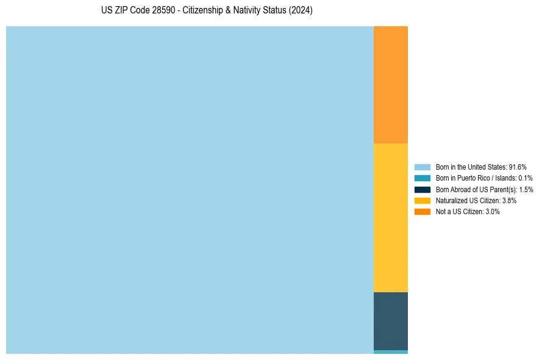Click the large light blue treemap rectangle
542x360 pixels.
pos(190,190)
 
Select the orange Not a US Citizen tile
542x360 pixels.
pos(390,84)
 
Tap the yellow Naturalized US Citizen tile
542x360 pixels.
pos(390,217)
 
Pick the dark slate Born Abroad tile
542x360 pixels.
pos(390,321)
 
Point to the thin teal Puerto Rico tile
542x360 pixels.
pos(390,352)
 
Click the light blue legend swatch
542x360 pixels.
pos(423,167)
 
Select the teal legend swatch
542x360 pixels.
pos(423,178)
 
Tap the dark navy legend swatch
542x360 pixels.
pos(423,189)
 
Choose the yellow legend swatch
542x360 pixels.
pos(423,200)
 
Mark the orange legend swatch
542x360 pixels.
pos(423,211)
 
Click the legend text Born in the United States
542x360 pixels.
pos(471,167)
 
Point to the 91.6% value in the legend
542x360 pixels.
pos(518,167)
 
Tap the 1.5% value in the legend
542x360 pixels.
pos(526,189)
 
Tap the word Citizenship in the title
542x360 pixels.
pos(204,11)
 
